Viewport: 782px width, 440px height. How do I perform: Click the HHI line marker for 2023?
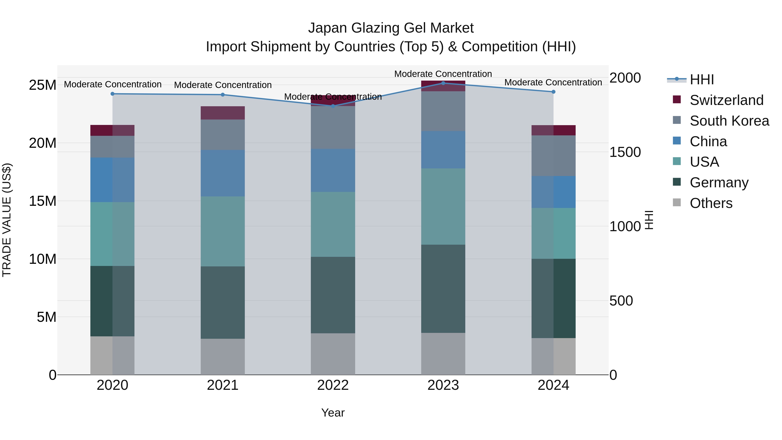point(443,83)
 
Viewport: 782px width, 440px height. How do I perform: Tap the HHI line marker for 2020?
point(112,94)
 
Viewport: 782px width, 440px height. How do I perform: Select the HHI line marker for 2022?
point(333,106)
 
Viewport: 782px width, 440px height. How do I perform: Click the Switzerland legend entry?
point(726,100)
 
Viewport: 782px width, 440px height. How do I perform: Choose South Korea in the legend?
point(729,121)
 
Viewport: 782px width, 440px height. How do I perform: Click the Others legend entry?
point(711,203)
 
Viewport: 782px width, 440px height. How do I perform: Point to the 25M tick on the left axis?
point(43,85)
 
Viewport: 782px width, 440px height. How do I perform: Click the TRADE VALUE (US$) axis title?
point(7,220)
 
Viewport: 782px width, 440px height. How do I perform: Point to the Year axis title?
point(333,413)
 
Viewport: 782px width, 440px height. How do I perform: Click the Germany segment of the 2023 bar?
point(443,289)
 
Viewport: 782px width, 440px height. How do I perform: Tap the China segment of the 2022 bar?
point(333,170)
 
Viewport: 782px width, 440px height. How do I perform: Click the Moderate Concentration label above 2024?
point(553,82)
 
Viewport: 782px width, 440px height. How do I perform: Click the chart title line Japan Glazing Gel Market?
point(391,28)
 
